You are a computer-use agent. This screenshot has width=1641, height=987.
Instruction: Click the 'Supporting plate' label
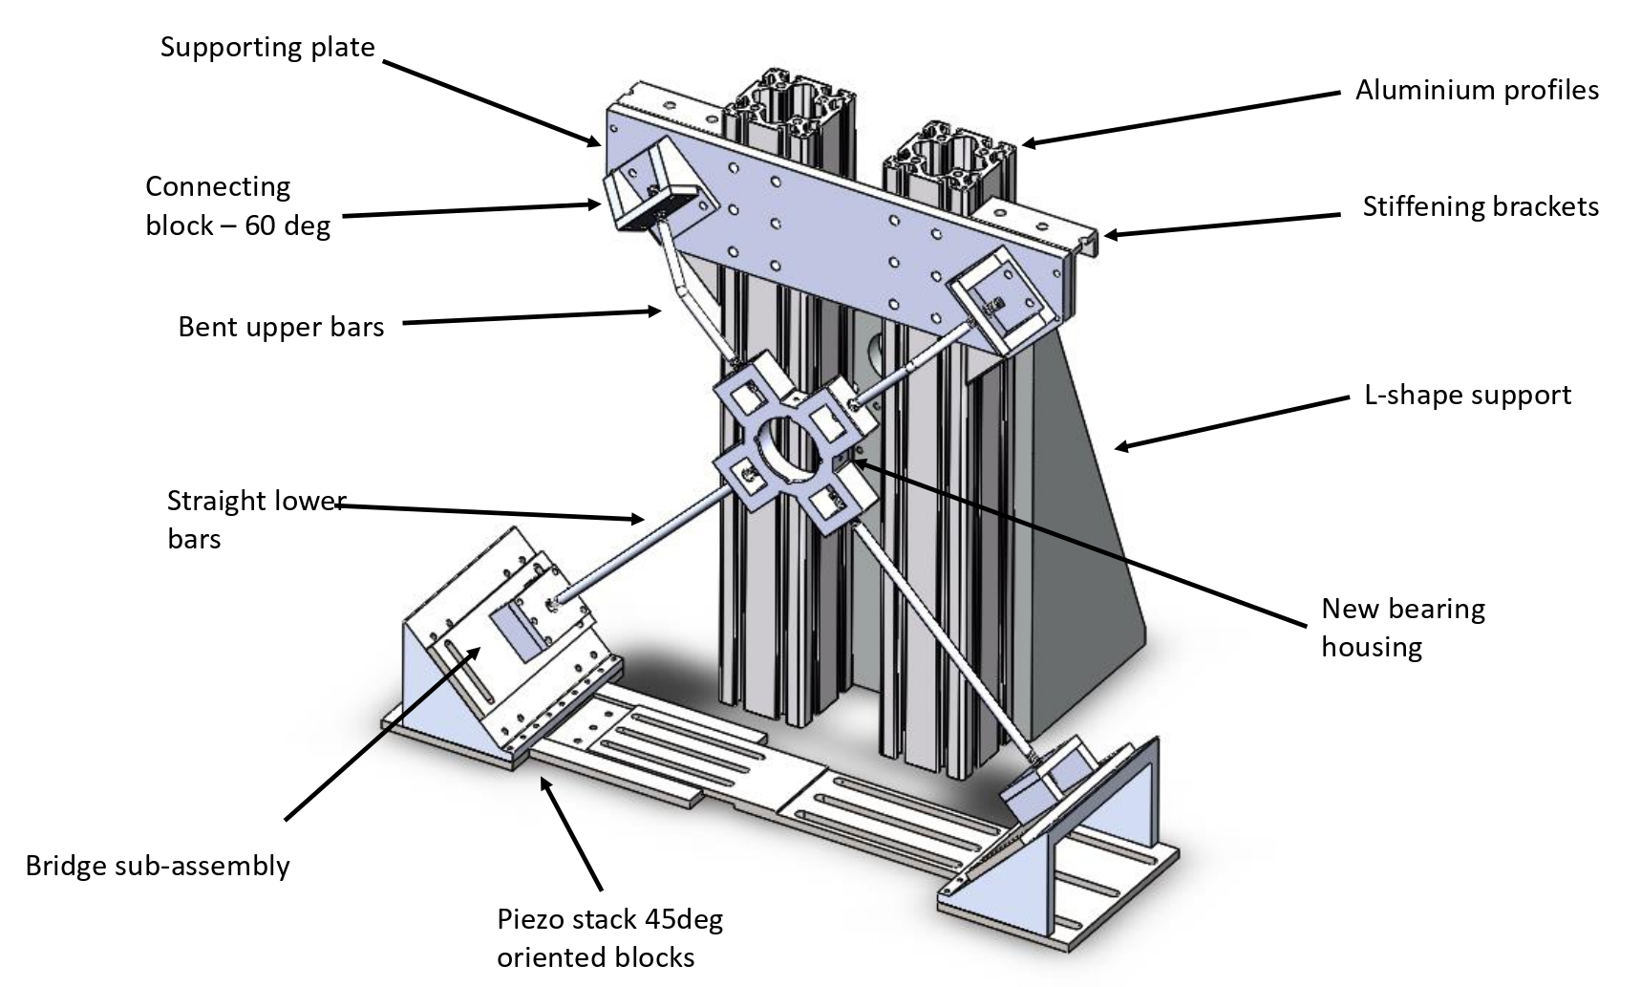click(x=267, y=47)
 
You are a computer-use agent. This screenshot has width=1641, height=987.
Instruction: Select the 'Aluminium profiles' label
click(x=1477, y=90)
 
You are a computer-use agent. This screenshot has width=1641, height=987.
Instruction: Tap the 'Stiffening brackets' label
click(x=1480, y=206)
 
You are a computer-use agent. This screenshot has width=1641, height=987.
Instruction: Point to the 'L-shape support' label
click(x=1467, y=395)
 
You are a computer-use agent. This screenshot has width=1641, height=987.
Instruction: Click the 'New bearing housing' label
click(x=1403, y=627)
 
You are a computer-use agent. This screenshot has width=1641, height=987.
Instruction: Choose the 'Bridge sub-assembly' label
click(x=158, y=866)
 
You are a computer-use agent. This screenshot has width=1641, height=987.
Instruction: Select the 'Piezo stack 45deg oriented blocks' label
click(x=609, y=937)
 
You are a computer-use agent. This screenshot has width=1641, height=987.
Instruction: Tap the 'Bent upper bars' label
click(x=281, y=327)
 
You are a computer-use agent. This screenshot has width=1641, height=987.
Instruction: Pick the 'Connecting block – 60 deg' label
click(x=238, y=205)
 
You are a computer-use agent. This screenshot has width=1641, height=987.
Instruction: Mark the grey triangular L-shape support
click(x=1089, y=497)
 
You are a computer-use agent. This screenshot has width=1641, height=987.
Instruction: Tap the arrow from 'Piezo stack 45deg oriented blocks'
click(x=573, y=832)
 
